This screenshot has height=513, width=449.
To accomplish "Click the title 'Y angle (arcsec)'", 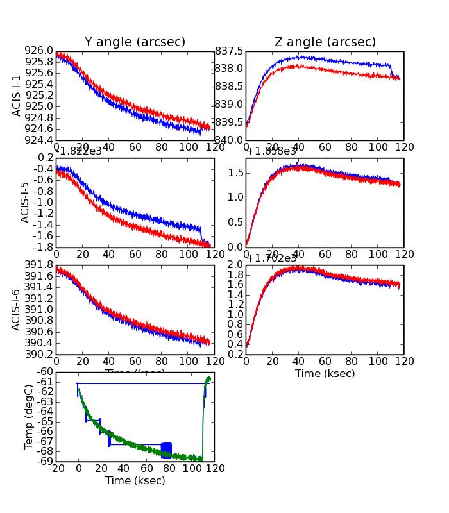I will tap(135, 42).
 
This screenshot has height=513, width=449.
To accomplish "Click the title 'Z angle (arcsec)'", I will tap(325, 42).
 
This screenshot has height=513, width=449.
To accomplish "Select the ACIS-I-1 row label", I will tap(17, 96).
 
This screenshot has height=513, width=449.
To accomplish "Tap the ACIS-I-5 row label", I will tap(25, 202).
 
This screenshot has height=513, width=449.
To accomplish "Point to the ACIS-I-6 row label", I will tap(17, 309).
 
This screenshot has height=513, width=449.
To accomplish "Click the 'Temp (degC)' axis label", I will tap(28, 416).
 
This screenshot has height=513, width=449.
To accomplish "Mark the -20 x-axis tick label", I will tap(56, 469).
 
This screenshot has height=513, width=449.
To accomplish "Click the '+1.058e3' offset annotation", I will tap(271, 151).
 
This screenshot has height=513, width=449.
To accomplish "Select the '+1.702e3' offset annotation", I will tap(271, 258).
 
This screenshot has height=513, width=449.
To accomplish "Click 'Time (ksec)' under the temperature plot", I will tap(135, 480).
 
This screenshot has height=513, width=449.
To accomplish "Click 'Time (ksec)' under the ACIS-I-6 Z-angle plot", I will tap(325, 373).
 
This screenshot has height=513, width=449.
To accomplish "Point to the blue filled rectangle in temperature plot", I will tap(166, 450).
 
